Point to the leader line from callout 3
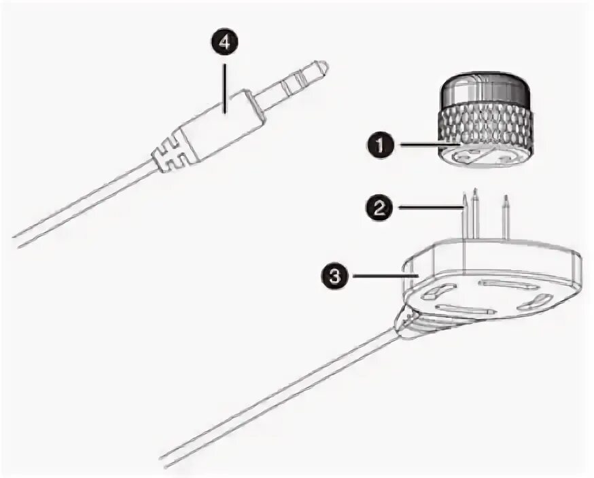click(x=381, y=275)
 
